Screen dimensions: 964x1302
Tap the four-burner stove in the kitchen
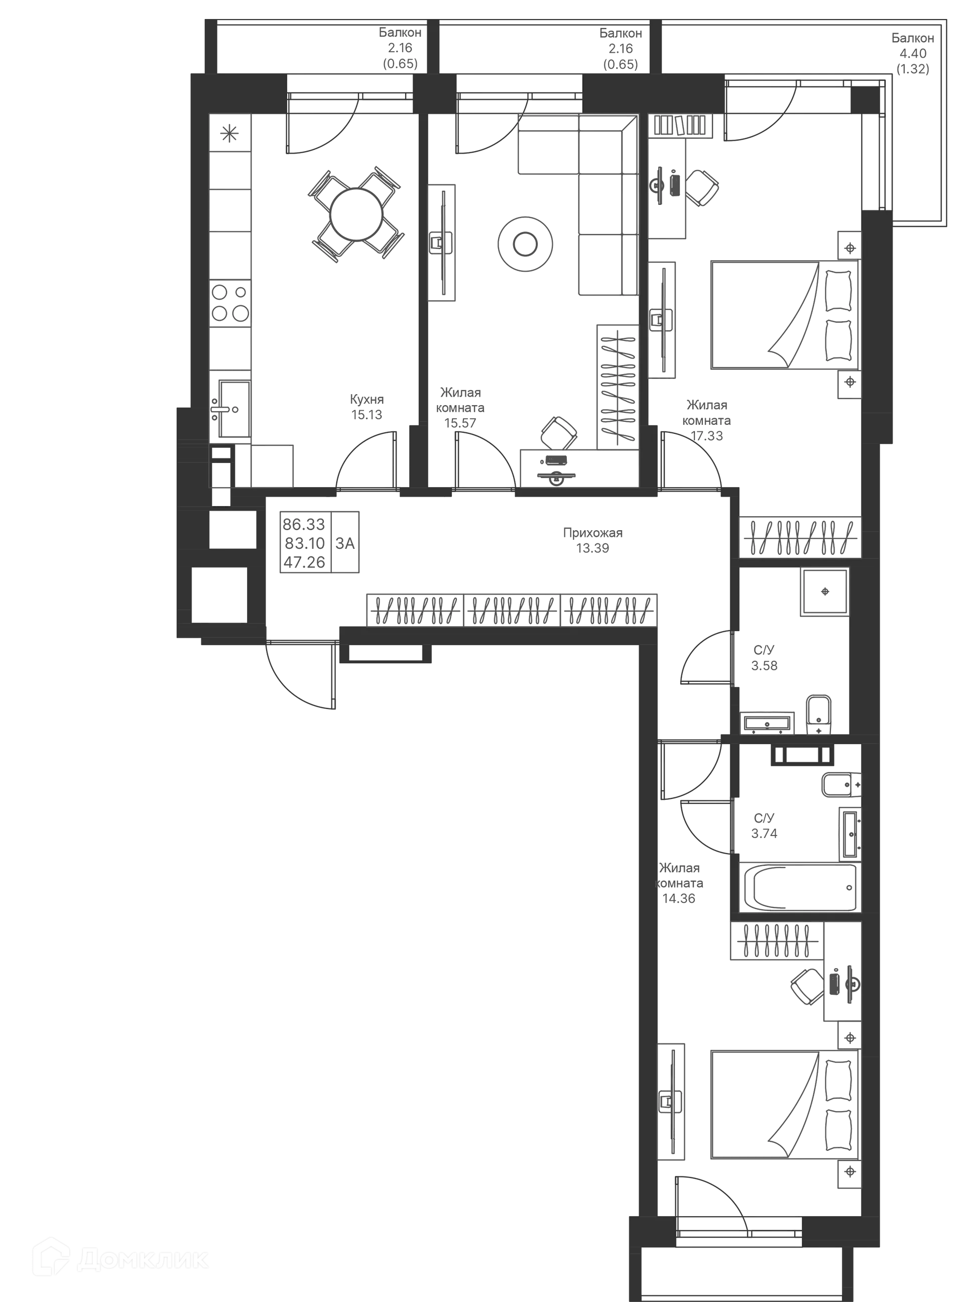[230, 303]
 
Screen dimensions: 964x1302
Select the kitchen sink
[230, 409]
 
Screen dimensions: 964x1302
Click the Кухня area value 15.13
[367, 415]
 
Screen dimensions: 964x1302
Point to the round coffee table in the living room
[525, 244]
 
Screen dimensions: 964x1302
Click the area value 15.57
[460, 423]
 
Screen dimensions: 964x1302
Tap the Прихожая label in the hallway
[592, 532]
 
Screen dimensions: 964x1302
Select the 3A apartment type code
[345, 543]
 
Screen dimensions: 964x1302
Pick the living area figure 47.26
[304, 562]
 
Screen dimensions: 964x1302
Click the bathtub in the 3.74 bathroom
[797, 888]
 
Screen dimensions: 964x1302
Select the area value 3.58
[765, 666]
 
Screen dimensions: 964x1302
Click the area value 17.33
[706, 436]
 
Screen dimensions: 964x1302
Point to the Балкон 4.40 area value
[913, 54]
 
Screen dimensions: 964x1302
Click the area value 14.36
[679, 898]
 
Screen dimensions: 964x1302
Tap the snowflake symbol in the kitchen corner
[229, 134]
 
